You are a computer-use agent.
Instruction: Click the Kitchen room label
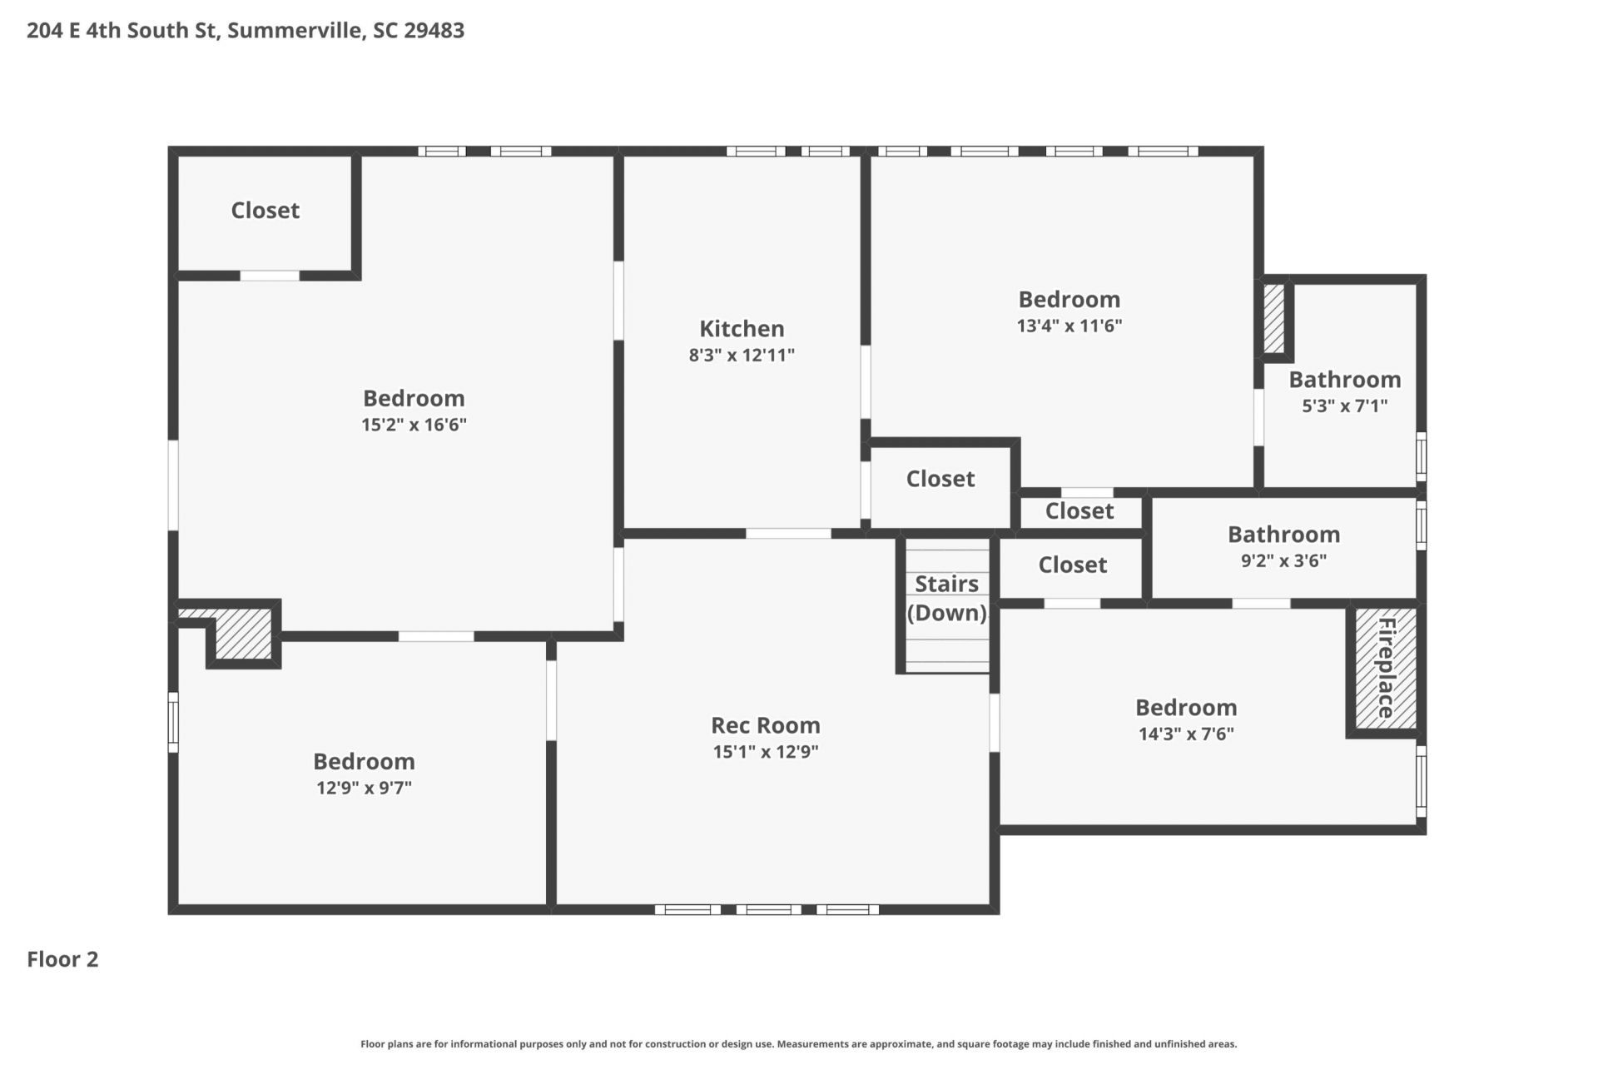(742, 328)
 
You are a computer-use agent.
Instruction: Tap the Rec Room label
(766, 725)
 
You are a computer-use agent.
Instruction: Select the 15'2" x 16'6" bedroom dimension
(414, 425)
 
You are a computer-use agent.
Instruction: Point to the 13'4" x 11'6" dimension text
(1069, 326)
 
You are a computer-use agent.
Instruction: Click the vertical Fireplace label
(1386, 668)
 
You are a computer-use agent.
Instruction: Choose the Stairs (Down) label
(947, 598)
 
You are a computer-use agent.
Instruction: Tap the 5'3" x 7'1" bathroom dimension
(1345, 406)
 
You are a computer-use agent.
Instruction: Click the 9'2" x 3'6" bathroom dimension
(1284, 561)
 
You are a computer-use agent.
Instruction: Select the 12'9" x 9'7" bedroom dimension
(364, 788)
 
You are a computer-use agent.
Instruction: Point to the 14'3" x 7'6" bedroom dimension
(1186, 734)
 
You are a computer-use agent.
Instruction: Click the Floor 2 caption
(62, 959)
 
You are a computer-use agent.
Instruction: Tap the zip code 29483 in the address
(434, 30)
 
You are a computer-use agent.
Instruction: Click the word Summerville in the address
(295, 31)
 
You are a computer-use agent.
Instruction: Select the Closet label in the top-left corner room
(265, 210)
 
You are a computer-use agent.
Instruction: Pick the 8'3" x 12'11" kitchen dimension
(742, 356)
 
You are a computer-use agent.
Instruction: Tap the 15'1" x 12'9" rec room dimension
(766, 752)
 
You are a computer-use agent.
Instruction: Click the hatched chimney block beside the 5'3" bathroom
(1274, 318)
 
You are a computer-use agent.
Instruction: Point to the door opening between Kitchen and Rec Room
(788, 534)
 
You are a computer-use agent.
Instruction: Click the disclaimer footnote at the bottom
(799, 1044)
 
